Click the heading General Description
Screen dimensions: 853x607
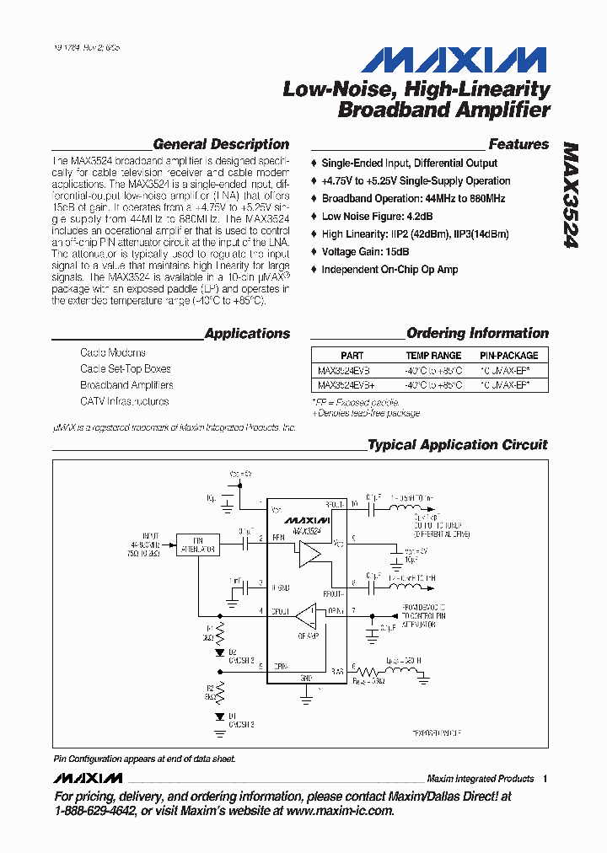(221, 144)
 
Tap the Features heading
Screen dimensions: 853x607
(518, 144)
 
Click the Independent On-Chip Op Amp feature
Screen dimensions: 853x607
(389, 270)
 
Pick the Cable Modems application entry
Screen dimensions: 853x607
(113, 352)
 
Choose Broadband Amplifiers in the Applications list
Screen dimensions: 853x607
(126, 385)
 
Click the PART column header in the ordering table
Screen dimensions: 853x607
(352, 356)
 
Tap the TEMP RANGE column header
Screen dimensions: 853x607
(433, 356)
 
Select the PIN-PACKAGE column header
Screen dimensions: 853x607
(508, 356)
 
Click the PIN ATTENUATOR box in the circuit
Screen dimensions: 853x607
(197, 545)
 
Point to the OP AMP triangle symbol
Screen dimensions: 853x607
(310, 615)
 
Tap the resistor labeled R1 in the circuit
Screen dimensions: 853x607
(220, 632)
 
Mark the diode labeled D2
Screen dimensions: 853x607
(220, 652)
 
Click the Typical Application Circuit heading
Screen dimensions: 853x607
(458, 444)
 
